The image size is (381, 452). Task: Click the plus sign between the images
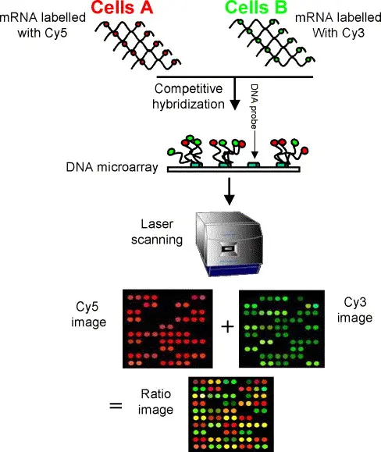226,326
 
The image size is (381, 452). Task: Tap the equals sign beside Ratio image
115,404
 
